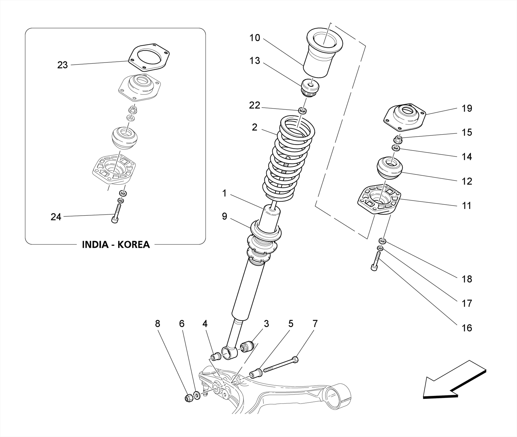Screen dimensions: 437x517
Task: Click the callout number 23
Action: [62, 65]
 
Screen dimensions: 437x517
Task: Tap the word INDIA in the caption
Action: [95, 244]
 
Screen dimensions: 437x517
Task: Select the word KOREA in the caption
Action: [134, 244]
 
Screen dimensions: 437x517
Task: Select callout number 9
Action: [224, 216]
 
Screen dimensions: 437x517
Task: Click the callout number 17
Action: [467, 303]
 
